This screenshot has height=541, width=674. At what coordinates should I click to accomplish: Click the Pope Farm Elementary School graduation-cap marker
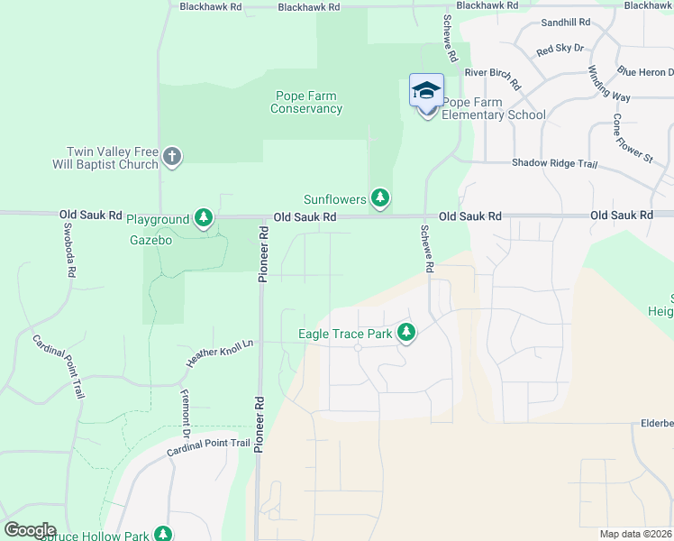click(x=426, y=90)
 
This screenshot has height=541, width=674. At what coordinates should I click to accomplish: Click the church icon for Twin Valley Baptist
click(x=172, y=159)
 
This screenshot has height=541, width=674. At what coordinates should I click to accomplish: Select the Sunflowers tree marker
click(x=380, y=197)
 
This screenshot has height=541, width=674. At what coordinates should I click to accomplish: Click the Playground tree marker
click(x=205, y=217)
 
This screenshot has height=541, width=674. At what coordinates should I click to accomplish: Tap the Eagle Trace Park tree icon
click(x=406, y=334)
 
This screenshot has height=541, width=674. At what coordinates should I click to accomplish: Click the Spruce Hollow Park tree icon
click(x=163, y=535)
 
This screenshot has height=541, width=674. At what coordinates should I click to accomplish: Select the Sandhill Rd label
click(x=565, y=22)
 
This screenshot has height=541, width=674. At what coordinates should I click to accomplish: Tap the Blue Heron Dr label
click(x=644, y=70)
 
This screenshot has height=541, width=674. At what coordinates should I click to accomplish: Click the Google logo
click(x=31, y=530)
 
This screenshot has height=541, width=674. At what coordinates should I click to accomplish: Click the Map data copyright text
click(x=636, y=534)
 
